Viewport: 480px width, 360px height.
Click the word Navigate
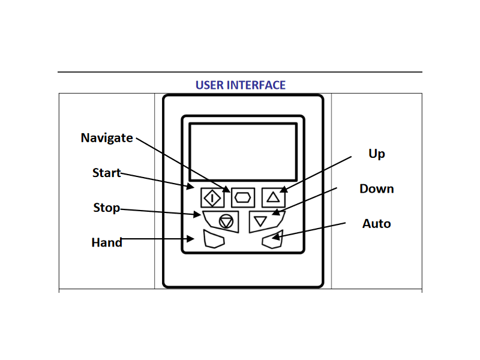(107, 138)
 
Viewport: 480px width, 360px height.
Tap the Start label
(107, 173)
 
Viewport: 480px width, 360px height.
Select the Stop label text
(107, 208)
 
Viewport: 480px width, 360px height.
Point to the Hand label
(107, 242)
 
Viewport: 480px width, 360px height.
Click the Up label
(377, 154)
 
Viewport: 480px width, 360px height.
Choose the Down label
(377, 188)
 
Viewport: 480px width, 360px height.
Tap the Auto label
(377, 223)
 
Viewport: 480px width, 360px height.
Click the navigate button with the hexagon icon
(243, 197)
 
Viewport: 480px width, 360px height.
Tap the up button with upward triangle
(274, 197)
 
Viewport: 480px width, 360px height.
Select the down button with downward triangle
(266, 221)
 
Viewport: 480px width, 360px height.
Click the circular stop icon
(226, 221)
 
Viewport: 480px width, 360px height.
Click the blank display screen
(243, 152)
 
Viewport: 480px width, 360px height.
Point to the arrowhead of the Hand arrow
(191, 238)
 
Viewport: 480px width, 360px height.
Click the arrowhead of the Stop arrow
(198, 214)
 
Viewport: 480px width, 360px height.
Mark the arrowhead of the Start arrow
(191, 186)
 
